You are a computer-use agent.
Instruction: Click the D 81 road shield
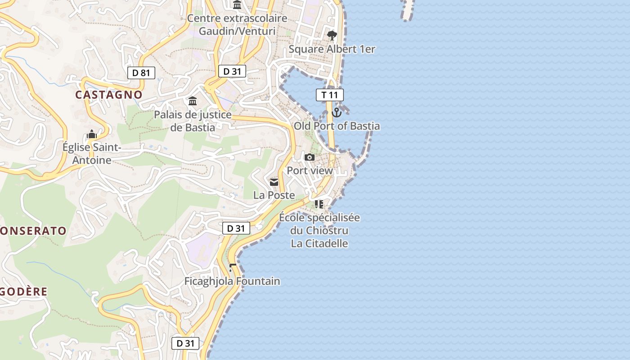141,73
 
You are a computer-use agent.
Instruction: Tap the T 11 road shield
330,95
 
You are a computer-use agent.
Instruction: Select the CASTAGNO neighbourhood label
108,94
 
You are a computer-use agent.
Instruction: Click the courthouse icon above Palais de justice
193,101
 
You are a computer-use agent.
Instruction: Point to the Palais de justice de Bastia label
193,121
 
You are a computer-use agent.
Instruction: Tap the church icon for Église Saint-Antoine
92,134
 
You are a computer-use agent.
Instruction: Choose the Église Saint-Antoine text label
92,153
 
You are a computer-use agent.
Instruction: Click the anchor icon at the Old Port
337,112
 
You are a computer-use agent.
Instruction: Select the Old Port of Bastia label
337,126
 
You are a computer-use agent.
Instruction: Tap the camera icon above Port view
310,157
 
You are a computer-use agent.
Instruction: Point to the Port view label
310,171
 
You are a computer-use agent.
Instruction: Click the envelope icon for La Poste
274,182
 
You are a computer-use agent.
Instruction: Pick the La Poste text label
274,195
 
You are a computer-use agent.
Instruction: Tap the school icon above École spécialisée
319,204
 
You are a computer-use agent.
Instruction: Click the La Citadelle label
319,243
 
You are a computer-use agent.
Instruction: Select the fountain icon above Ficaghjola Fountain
232,268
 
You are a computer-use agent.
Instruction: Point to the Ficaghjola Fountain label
232,281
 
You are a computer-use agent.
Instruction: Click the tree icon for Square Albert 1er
332,36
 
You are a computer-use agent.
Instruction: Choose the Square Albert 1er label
332,49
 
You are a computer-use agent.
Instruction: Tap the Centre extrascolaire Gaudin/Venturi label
237,25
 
